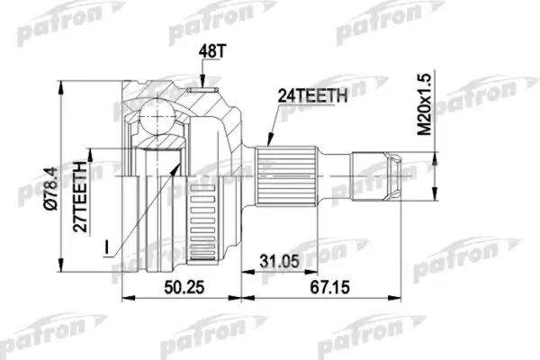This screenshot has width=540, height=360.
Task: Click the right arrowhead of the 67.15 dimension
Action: pos(398,298)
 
